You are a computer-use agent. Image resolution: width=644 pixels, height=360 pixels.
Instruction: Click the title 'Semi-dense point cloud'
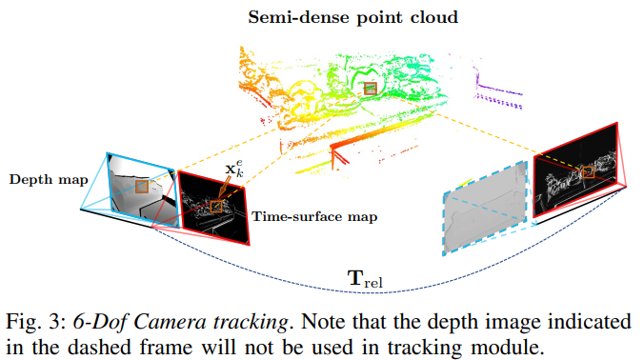(352, 18)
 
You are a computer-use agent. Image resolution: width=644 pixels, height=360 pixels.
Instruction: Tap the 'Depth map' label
(49, 180)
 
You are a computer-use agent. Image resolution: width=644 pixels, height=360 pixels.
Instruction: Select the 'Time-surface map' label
(314, 216)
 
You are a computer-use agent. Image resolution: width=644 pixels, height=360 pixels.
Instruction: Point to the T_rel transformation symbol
(365, 279)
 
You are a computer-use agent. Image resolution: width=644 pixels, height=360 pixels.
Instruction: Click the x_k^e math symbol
(234, 169)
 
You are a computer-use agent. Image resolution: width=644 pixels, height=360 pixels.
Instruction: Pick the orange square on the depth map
(142, 187)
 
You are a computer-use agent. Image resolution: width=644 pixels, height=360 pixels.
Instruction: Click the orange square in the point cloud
(371, 89)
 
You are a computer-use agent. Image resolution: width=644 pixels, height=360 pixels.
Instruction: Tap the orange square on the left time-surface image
(216, 206)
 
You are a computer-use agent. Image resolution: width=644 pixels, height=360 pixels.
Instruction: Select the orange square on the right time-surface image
(589, 172)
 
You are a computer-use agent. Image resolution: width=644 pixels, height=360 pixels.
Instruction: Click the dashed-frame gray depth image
(485, 209)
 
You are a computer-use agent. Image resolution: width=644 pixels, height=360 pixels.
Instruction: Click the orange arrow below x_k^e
(223, 189)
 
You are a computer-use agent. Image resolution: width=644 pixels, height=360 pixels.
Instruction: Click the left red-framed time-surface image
(213, 209)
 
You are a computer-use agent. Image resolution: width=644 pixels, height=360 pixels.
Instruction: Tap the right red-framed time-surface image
(575, 170)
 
